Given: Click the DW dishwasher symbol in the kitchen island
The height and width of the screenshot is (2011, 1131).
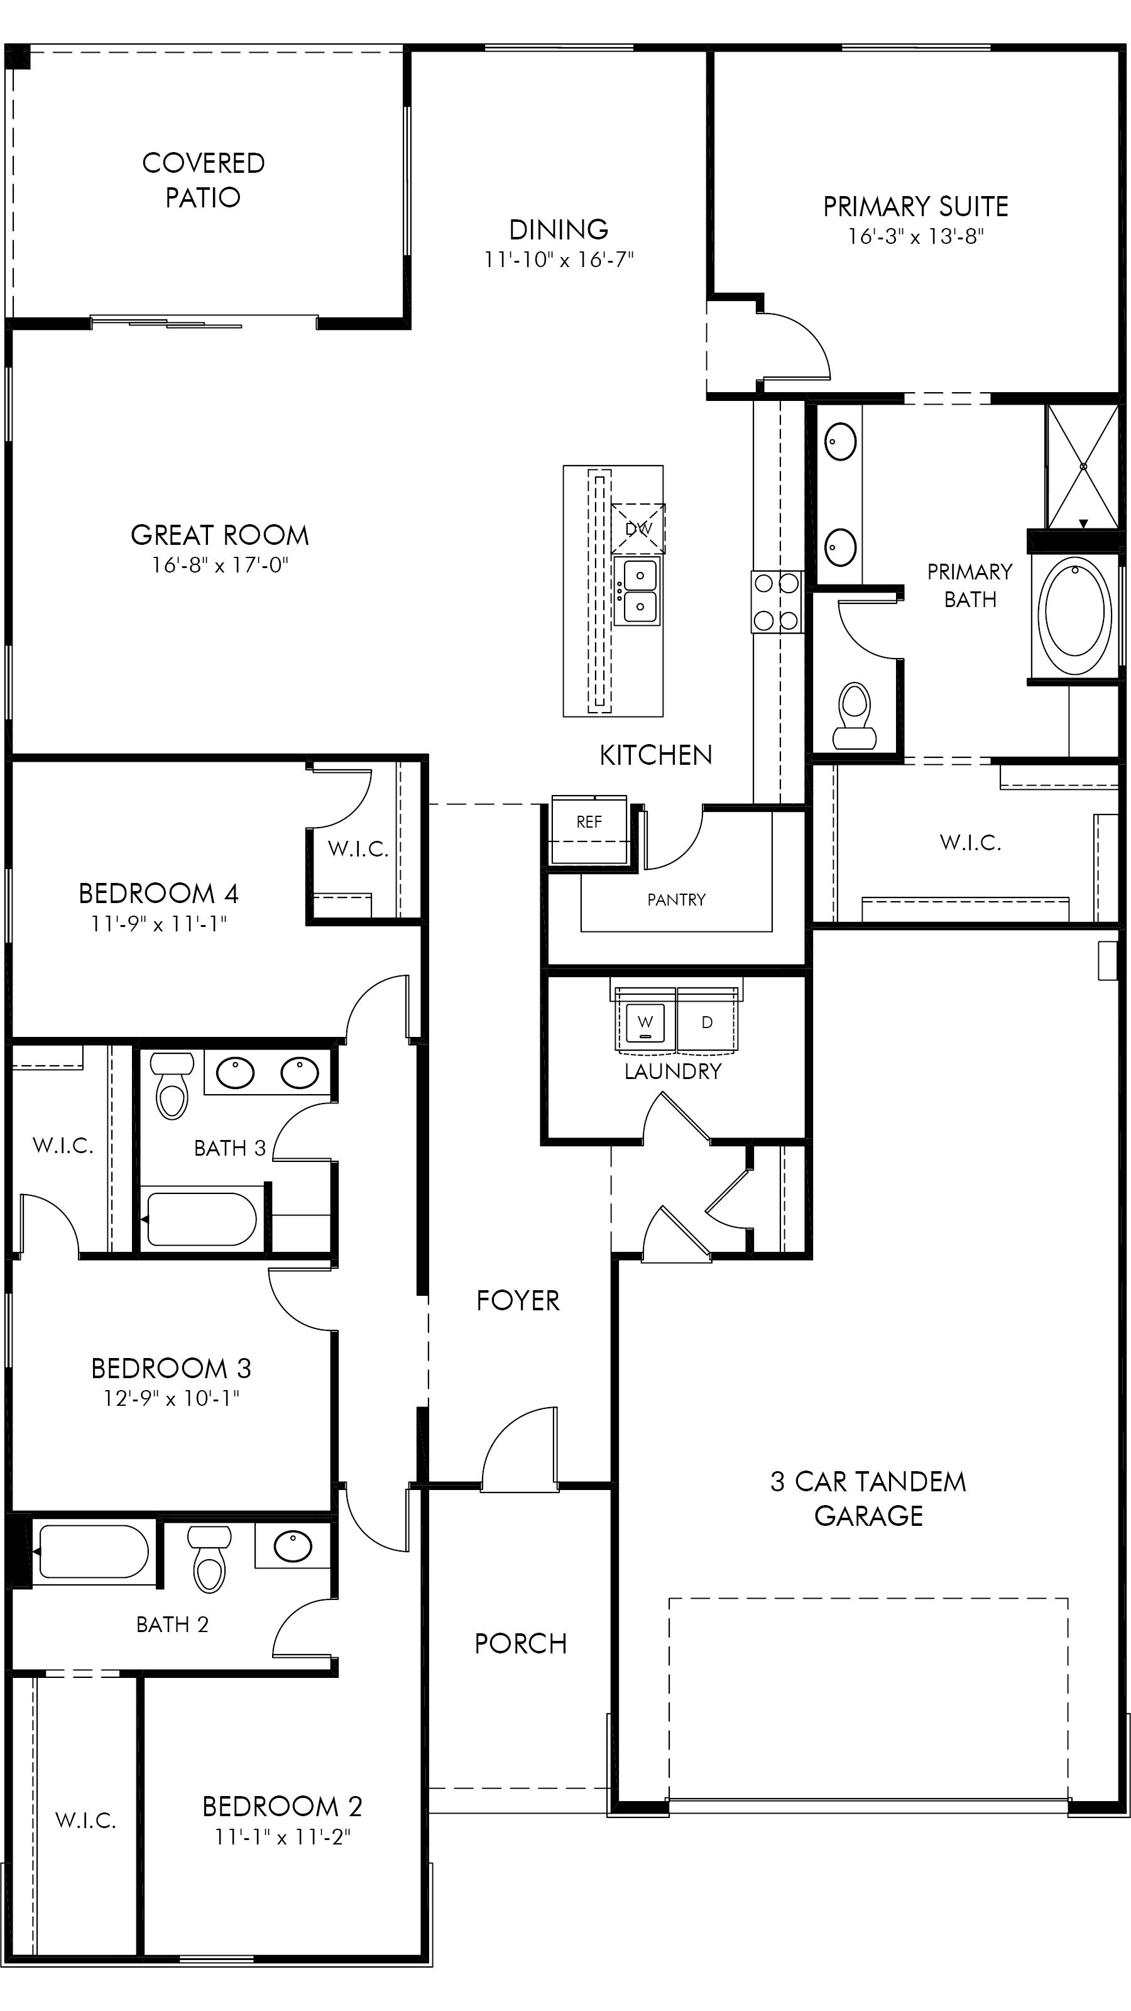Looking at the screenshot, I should [638, 529].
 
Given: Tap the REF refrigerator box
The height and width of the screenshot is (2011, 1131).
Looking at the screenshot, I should [589, 828].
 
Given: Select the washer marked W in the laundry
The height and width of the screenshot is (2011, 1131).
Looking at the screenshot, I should [645, 1022].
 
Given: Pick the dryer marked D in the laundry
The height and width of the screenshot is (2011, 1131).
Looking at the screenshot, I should [706, 1022].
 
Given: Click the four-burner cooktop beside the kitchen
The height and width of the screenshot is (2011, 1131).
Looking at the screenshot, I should [777, 602].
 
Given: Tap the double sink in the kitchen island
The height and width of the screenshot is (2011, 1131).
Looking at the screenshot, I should [637, 591].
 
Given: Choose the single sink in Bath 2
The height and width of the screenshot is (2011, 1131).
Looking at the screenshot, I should [293, 1546].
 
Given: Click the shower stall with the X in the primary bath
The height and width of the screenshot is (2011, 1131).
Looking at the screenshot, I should [1083, 466].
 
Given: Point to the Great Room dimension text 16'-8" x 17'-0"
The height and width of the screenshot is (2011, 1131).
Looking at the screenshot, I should [220, 564].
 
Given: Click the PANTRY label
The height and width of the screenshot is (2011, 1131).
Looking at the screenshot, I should [676, 899].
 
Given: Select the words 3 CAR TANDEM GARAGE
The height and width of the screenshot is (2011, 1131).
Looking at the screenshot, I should [868, 1498].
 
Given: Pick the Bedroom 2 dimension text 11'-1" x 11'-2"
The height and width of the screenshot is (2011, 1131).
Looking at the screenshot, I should [283, 1838].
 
